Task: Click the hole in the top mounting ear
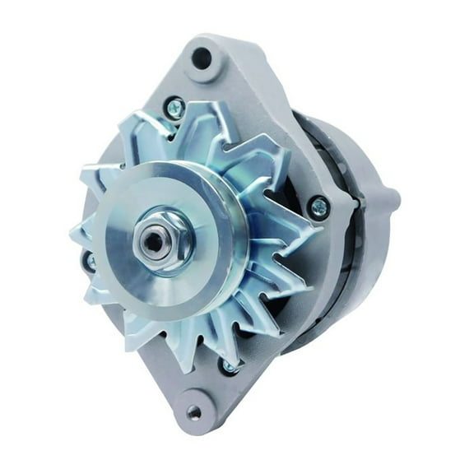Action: click(x=201, y=58)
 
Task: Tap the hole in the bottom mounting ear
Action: click(x=193, y=412)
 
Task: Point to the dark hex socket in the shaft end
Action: click(x=153, y=240)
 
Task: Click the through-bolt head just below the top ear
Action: click(x=174, y=105)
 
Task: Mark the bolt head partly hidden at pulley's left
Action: click(x=90, y=262)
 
